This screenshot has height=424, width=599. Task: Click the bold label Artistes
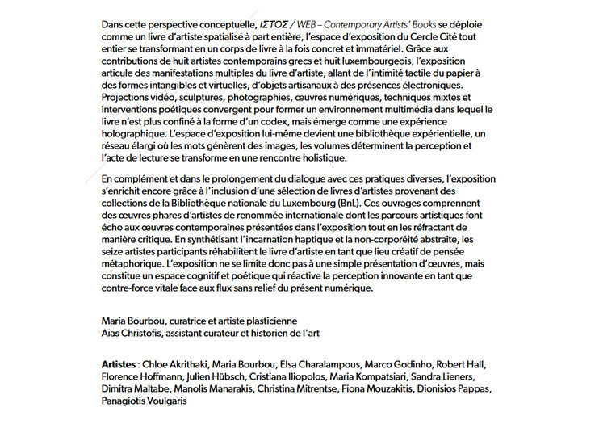[118, 364]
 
